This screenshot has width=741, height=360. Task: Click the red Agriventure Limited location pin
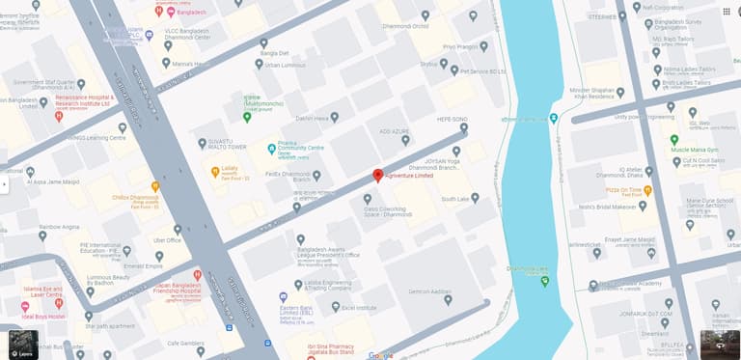[378, 176]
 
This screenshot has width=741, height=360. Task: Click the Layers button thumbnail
[23, 345]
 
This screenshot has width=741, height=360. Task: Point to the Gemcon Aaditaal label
[429, 291]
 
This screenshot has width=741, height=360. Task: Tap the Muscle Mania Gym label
[701, 150]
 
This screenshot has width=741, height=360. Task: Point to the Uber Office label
[167, 239]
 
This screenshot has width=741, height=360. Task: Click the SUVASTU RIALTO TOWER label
[229, 146]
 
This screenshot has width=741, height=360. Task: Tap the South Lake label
[454, 199]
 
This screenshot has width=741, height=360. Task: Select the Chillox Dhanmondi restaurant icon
[155, 184]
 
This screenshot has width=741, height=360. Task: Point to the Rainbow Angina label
[59, 227]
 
